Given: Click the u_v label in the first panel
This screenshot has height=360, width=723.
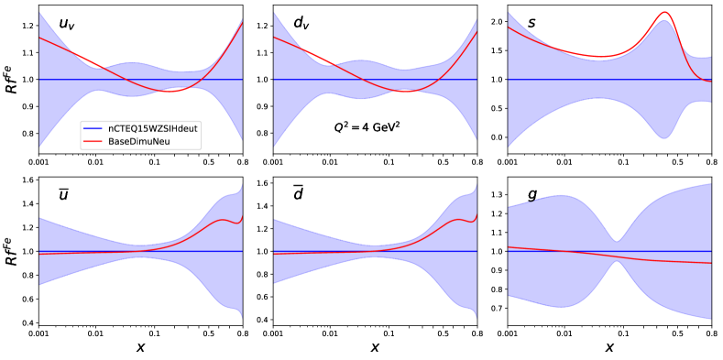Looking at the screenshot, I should click(x=66, y=24).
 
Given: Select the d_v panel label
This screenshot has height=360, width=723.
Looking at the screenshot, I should click(x=301, y=24).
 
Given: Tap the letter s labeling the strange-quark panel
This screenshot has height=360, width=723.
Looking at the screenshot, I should click(x=531, y=22).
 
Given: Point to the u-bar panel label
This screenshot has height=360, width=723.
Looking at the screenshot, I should click(x=64, y=194).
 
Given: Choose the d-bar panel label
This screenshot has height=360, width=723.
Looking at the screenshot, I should click(x=299, y=193).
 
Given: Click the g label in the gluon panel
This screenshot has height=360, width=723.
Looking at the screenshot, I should click(x=532, y=194).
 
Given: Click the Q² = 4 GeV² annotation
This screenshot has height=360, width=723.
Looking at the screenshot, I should click(x=367, y=128).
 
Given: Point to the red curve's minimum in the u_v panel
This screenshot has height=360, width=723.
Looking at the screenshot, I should click(x=170, y=92).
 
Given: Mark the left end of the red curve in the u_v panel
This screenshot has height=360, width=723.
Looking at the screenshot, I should click(x=39, y=38).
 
